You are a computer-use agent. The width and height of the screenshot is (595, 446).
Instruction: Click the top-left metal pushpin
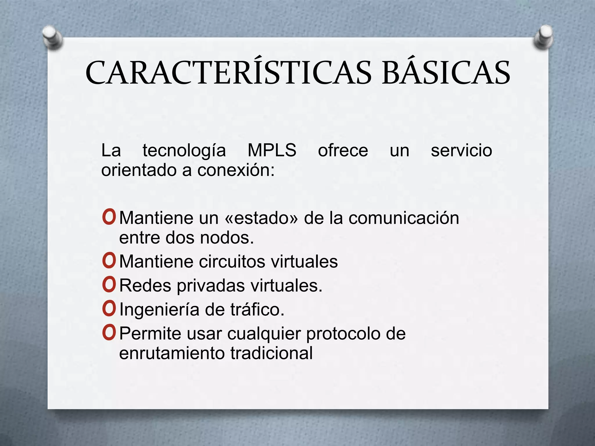click(52, 37)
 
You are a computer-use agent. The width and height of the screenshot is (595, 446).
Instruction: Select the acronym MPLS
click(272, 150)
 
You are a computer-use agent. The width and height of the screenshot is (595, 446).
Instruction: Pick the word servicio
click(461, 150)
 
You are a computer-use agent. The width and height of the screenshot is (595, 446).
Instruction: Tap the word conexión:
click(236, 170)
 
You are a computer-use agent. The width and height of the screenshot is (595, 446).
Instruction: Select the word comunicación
click(404, 218)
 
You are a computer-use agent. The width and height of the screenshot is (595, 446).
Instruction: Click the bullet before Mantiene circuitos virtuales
click(109, 261)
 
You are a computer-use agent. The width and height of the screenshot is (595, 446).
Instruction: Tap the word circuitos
click(232, 261)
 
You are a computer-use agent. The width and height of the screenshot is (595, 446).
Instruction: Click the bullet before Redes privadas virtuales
click(109, 285)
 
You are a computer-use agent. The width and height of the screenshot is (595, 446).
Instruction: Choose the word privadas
click(211, 286)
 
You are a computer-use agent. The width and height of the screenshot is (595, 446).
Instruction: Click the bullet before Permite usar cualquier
click(109, 333)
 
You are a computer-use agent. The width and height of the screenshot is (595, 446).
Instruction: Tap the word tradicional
click(271, 353)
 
